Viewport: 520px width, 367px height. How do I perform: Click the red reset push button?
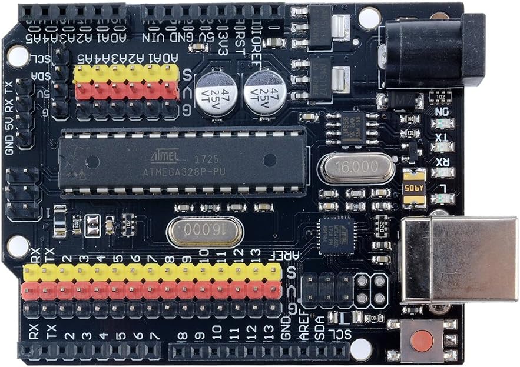coord(422,341)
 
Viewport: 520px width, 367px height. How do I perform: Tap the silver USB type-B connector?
coord(459,259)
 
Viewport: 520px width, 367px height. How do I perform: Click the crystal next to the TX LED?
coord(356,168)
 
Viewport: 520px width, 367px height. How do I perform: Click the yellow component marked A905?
coord(415,188)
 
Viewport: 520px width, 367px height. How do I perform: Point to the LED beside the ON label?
coord(442,124)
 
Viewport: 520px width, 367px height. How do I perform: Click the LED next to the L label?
coord(442,198)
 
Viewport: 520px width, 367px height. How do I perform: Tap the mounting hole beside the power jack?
coord(369,18)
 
